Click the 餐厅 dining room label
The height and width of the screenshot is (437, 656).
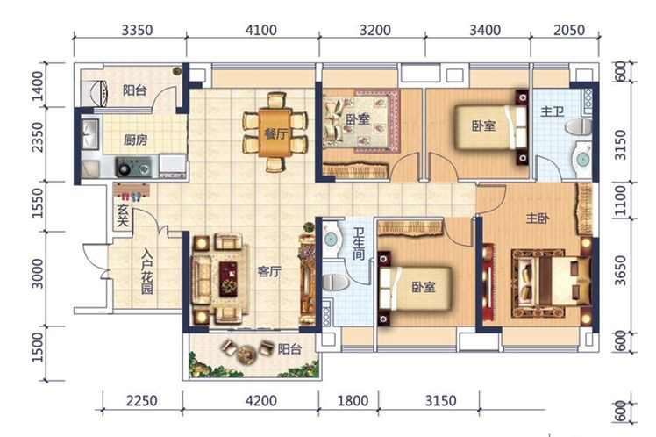(276, 134)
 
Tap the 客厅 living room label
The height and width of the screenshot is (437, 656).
(269, 272)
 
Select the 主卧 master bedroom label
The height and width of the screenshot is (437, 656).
(538, 218)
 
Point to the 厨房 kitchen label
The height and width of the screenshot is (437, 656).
(136, 140)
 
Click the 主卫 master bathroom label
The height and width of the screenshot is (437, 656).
(553, 111)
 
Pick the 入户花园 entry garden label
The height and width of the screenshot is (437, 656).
(146, 272)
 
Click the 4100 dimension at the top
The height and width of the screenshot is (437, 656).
(261, 30)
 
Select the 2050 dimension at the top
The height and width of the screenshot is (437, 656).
(569, 30)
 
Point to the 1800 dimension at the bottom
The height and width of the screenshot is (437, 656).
(353, 400)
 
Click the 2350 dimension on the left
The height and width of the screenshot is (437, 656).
(37, 137)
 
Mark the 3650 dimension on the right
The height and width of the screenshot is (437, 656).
(621, 270)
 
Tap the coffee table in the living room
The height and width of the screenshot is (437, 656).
(228, 279)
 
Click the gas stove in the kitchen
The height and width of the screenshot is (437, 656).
(134, 167)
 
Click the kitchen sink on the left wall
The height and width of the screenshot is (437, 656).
(89, 134)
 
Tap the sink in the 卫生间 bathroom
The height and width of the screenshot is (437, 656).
(332, 239)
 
